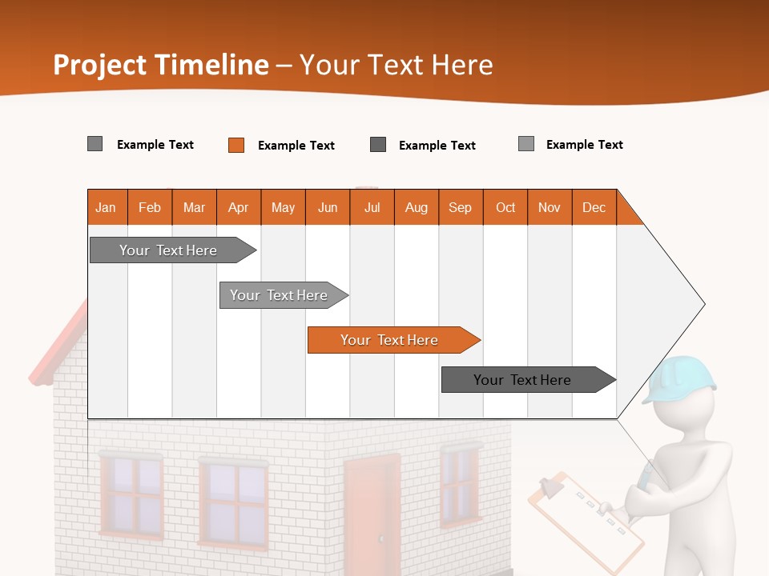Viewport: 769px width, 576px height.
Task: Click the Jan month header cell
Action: click(x=107, y=207)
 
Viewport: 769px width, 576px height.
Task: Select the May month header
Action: click(x=283, y=207)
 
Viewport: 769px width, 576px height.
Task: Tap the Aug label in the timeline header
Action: click(x=416, y=207)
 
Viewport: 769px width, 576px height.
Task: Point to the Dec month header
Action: click(x=594, y=207)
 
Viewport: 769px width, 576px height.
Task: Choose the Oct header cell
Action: click(x=505, y=207)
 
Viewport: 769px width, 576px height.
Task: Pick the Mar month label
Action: click(x=194, y=207)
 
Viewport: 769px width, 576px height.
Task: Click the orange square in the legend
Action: click(x=236, y=145)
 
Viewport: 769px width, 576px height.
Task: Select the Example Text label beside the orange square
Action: click(x=296, y=145)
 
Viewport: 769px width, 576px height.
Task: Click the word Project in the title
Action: click(x=99, y=65)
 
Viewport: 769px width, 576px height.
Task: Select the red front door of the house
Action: click(x=371, y=512)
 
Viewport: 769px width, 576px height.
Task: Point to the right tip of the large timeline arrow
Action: click(x=703, y=304)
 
